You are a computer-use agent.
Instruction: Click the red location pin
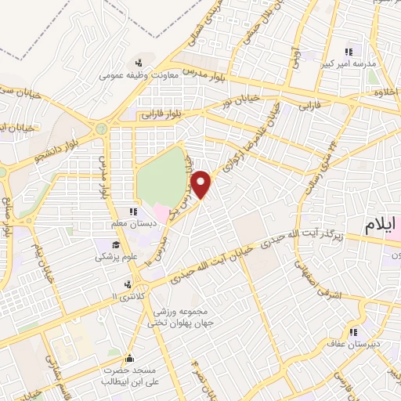[202, 183]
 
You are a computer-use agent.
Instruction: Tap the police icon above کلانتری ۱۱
[128, 284]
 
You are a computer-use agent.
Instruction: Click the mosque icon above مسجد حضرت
[129, 357]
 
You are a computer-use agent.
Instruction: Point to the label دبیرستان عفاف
[359, 342]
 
